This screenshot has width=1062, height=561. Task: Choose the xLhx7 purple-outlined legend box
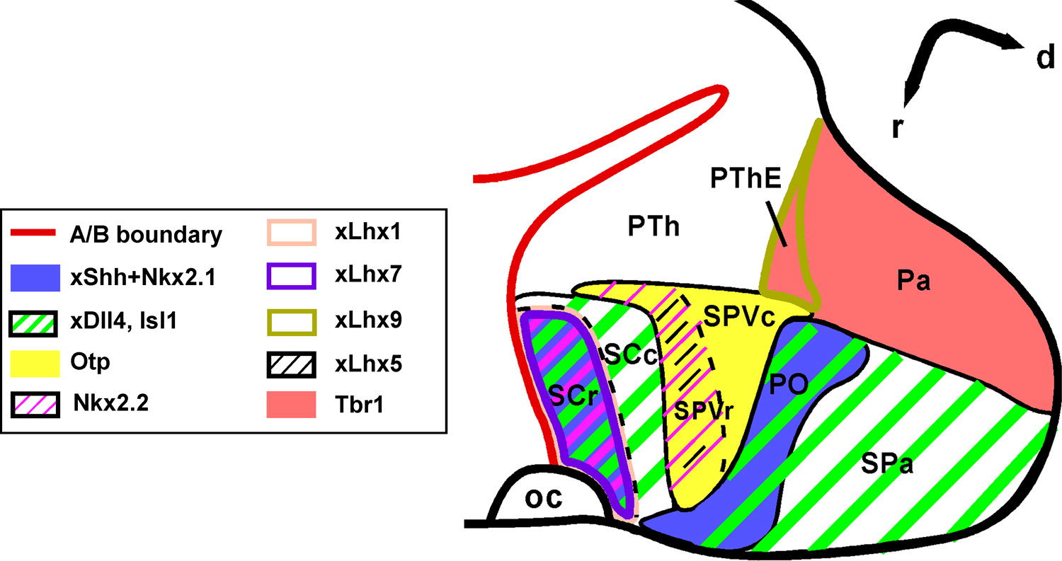[291, 277]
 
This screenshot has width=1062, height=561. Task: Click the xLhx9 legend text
[369, 320]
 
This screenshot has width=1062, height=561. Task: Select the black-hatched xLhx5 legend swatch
[291, 364]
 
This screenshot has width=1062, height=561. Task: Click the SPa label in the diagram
[887, 465]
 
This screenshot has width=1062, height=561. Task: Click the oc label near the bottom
[543, 499]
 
